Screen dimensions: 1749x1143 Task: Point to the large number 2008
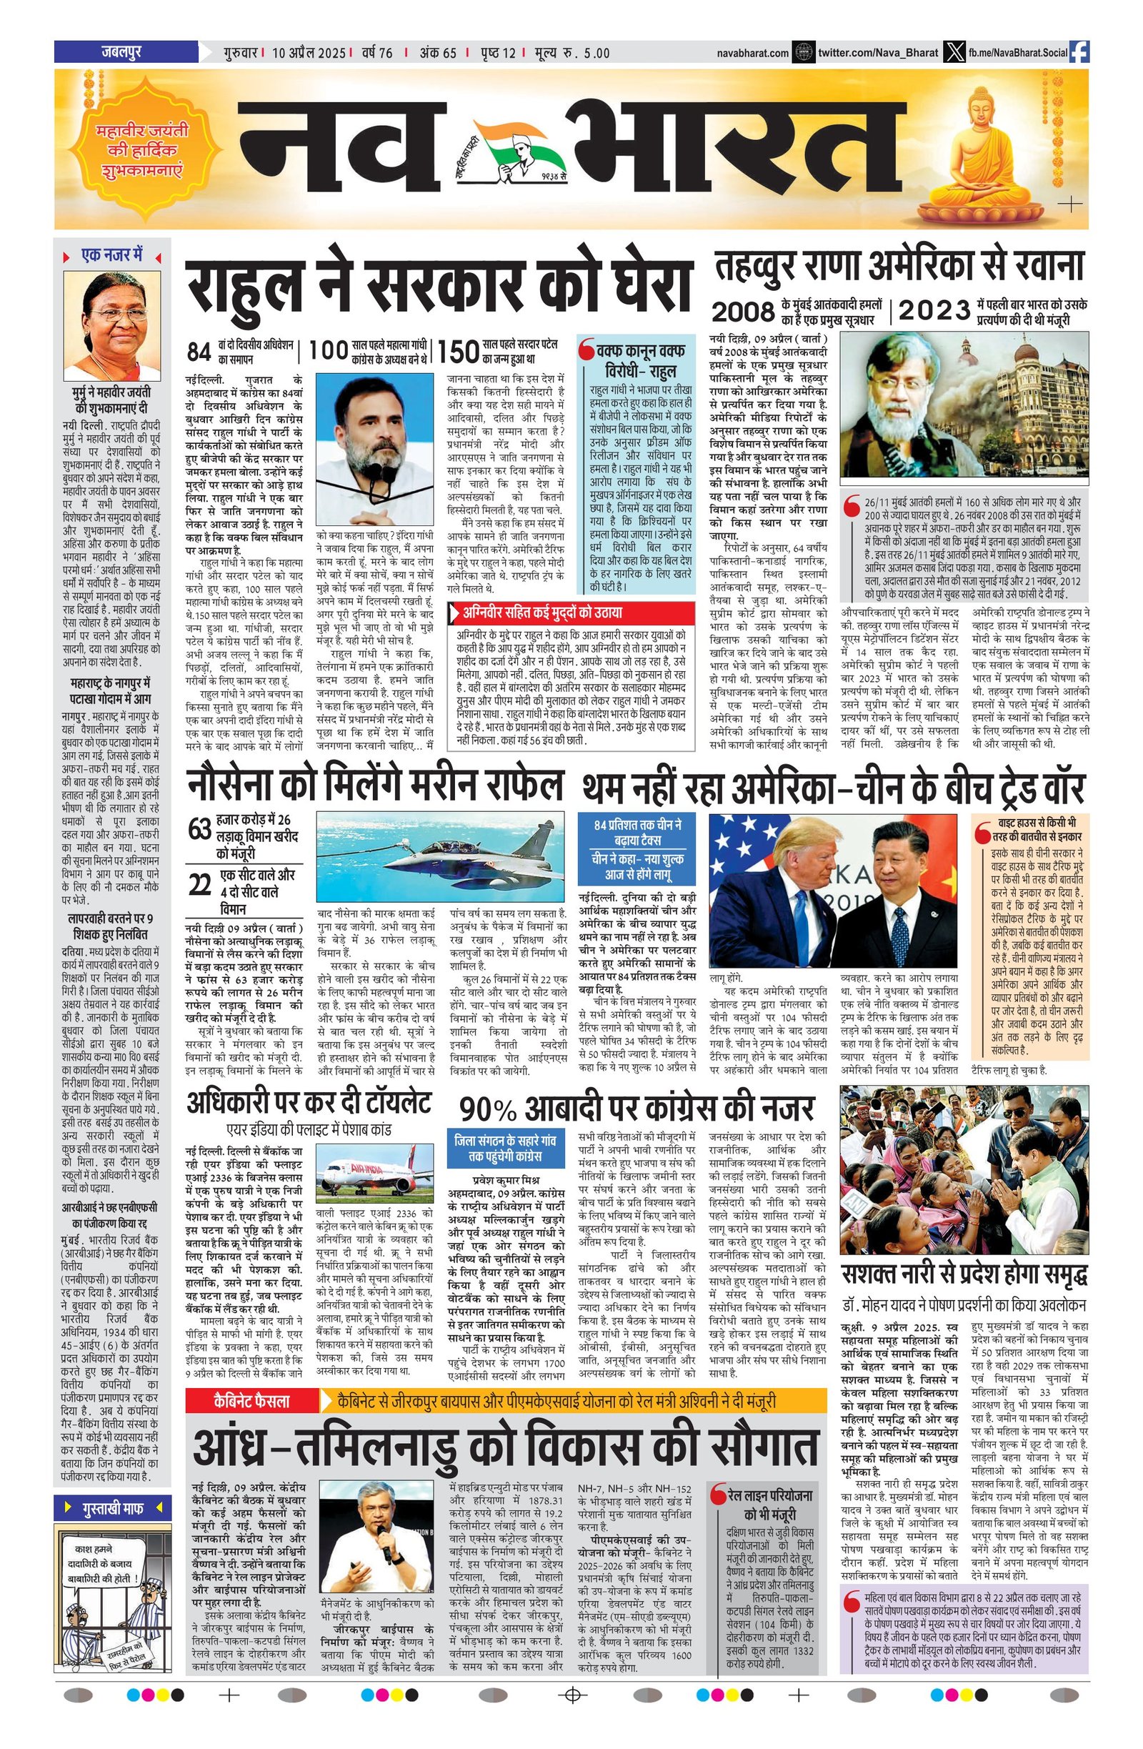coord(743,312)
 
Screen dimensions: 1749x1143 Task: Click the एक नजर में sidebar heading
coord(111,256)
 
